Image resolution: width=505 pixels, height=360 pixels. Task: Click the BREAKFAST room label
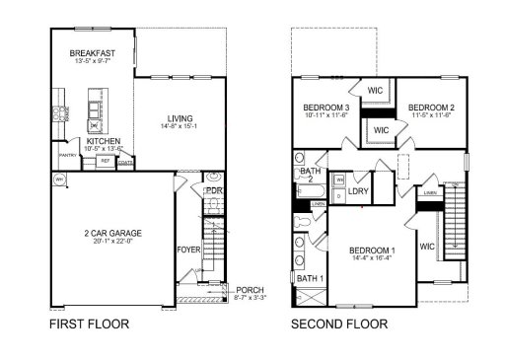[x=94, y=52]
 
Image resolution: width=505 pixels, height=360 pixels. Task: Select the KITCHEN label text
[x=104, y=141]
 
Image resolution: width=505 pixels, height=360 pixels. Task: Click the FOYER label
[x=188, y=250]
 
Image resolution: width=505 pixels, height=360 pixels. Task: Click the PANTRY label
[x=68, y=155]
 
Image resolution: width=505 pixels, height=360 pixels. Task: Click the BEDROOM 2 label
[x=430, y=107]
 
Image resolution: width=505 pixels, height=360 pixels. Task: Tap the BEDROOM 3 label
[x=325, y=107]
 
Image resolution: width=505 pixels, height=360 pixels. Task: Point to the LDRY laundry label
[x=359, y=190]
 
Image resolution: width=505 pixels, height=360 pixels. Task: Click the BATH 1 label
[x=310, y=278]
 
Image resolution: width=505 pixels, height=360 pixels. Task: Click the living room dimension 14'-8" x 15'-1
[x=180, y=126]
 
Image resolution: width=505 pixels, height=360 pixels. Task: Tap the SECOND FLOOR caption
[x=339, y=323]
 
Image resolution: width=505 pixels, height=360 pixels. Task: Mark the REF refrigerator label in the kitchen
[x=104, y=159]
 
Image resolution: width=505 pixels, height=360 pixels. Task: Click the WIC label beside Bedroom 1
[x=427, y=246]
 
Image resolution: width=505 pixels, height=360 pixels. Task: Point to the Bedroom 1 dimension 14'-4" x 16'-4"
[x=373, y=260]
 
